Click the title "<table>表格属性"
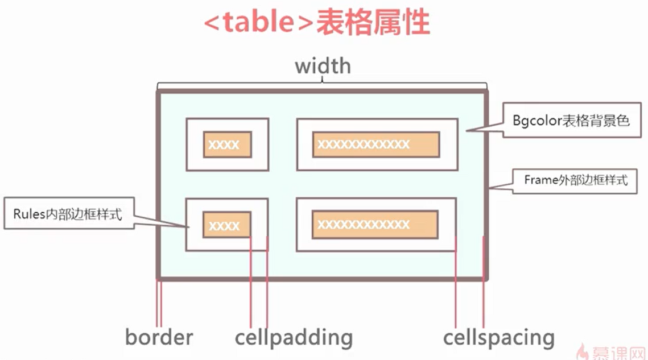pyautogui.click(x=317, y=24)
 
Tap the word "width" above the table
pyautogui.click(x=323, y=66)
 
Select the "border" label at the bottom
pyautogui.click(x=159, y=337)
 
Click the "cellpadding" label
pyautogui.click(x=294, y=337)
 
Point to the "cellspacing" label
pyautogui.click(x=499, y=337)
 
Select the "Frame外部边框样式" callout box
pyautogui.click(x=575, y=181)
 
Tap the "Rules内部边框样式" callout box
pyautogui.click(x=68, y=214)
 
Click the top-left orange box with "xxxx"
pyautogui.click(x=227, y=144)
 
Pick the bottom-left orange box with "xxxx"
pyautogui.click(x=227, y=225)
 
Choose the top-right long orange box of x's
pyautogui.click(x=376, y=144)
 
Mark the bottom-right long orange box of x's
pyautogui.click(x=375, y=225)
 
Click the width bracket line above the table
pyautogui.click(x=323, y=85)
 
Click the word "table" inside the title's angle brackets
pyautogui.click(x=259, y=24)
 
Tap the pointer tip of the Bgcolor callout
pyautogui.click(x=467, y=131)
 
